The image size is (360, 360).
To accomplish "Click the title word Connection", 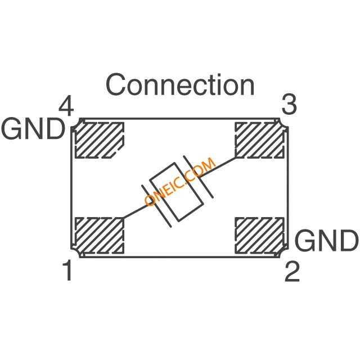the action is coord(180,84).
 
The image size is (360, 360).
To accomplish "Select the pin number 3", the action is coord(289,105).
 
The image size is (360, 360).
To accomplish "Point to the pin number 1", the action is coord(68,270).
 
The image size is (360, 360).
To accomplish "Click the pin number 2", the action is coord(292,272).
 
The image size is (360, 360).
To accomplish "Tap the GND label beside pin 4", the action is coord(33,128).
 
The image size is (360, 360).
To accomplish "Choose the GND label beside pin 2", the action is coord(326,240).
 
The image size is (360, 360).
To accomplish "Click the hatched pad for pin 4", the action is coord(100,140).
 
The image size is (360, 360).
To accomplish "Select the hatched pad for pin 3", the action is coord(259,140).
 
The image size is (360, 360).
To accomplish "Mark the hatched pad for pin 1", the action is coord(100,235).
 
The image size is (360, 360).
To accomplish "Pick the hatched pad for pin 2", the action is coord(259,235).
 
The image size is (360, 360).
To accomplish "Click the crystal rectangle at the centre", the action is coord(177,192).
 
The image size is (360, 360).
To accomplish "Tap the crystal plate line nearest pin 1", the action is coord(156,206).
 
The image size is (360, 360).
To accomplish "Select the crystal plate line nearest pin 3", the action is coord(198,177).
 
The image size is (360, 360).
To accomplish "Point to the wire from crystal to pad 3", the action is coord(218,167).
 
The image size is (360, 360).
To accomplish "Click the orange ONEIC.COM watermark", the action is coord(180,182).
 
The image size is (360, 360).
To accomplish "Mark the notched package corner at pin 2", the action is coord(283,253).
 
